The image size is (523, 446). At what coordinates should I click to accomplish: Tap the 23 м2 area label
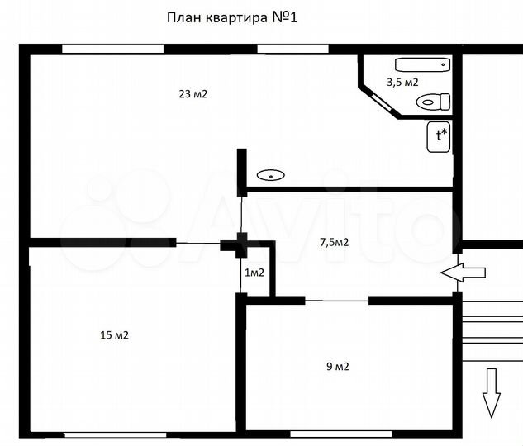193,94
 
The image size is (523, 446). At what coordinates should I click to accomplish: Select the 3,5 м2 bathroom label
402,82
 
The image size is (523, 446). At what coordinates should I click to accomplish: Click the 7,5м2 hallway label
334,242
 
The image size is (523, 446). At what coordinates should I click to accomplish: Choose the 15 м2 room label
114,335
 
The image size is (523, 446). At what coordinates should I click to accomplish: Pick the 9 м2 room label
337,367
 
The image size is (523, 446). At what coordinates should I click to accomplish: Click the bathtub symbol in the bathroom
421,64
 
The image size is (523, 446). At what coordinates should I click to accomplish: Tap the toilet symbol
433,102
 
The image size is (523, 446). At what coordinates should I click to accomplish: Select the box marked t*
439,136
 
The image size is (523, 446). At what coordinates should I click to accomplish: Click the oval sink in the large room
270,175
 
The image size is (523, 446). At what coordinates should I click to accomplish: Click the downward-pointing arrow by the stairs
492,392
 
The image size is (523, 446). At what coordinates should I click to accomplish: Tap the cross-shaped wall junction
241,243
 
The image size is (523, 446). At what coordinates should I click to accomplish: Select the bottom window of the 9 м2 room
329,433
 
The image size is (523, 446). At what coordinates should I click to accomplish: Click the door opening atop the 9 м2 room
336,301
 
